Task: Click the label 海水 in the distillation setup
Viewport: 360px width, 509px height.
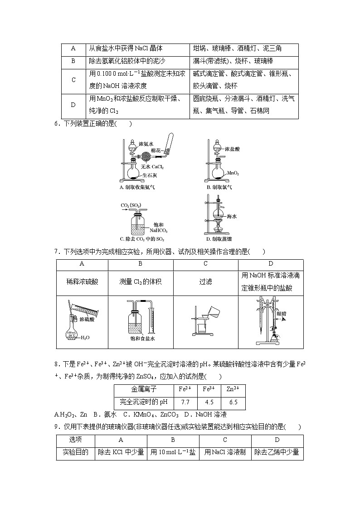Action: pyautogui.click(x=232, y=217)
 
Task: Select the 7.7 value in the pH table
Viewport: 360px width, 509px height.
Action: pyautogui.click(x=185, y=402)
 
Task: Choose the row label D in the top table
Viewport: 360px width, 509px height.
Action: pyautogui.click(x=73, y=105)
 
